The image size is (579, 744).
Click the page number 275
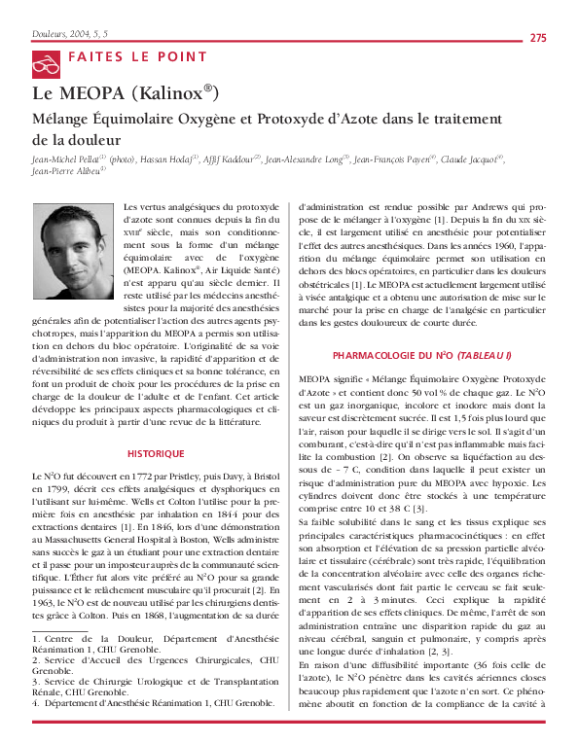[x=537, y=38]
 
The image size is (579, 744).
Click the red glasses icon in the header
[x=45, y=66]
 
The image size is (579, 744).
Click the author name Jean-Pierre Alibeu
[x=67, y=171]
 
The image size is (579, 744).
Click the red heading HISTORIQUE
[x=157, y=454]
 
